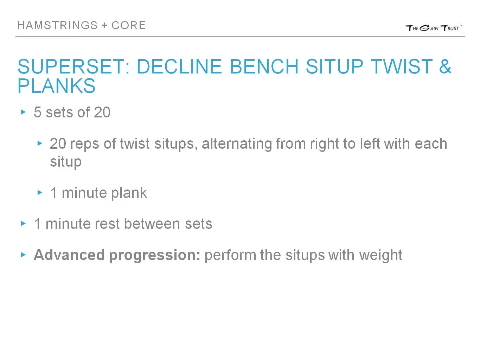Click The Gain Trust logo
coord(434,28)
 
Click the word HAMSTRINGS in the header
coord(57,25)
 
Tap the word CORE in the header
coord(128,25)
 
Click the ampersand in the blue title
coord(445,66)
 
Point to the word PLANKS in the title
coord(57,86)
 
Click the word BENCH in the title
coord(264,66)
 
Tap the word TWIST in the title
coord(402,66)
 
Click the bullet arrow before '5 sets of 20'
coord(24,112)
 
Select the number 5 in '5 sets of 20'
coord(38,112)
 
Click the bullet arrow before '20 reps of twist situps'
coord(40,143)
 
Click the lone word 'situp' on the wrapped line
coord(66,162)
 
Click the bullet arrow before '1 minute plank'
coord(40,193)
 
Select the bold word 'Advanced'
coord(69,255)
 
